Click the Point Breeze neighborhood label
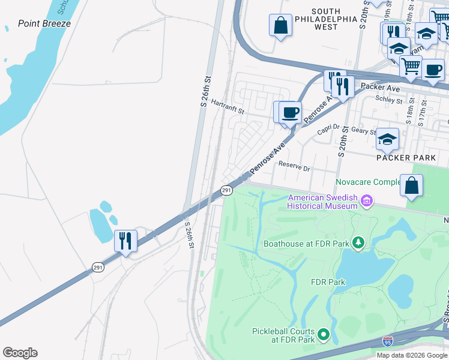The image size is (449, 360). pyautogui.click(x=44, y=23)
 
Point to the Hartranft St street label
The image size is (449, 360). pyautogui.click(x=226, y=111)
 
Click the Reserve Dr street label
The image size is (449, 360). pyautogui.click(x=294, y=169)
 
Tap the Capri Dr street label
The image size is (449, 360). pyautogui.click(x=328, y=136)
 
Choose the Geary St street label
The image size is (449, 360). pyautogui.click(x=364, y=131)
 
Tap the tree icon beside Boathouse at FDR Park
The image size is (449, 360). pyautogui.click(x=358, y=242)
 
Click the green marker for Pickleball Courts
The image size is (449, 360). pyautogui.click(x=324, y=334)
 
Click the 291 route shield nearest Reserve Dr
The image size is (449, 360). pyautogui.click(x=226, y=190)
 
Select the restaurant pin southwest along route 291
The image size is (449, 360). pyautogui.click(x=125, y=241)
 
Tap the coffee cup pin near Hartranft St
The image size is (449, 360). pyautogui.click(x=291, y=112)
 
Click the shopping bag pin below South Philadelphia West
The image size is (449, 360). pyautogui.click(x=280, y=25)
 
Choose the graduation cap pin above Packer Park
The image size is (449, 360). pyautogui.click(x=387, y=139)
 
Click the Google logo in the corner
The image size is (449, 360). pyautogui.click(x=20, y=353)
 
